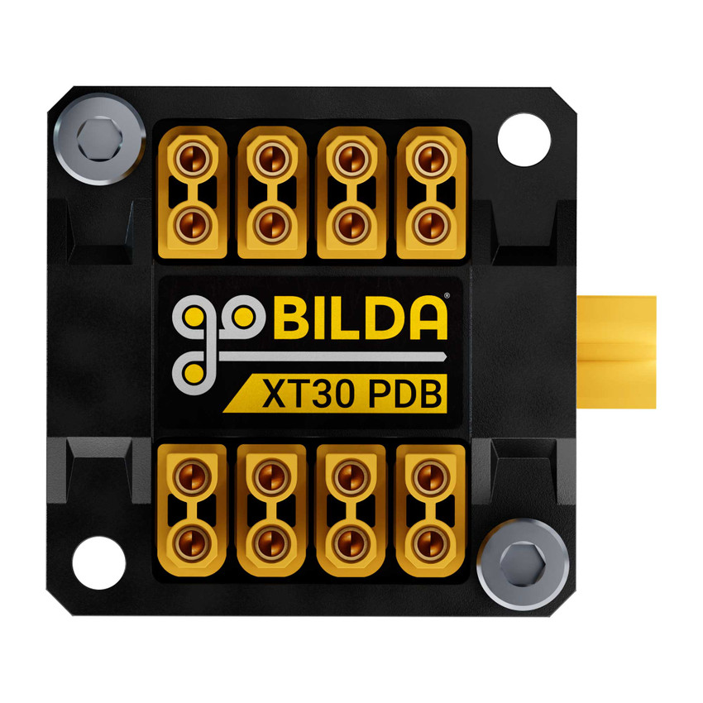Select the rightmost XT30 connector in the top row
tap(428, 191)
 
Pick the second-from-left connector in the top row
tap(271, 191)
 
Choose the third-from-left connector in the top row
tap(351, 191)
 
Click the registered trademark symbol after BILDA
tap(447, 295)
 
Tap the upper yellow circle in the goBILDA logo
tap(194, 317)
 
